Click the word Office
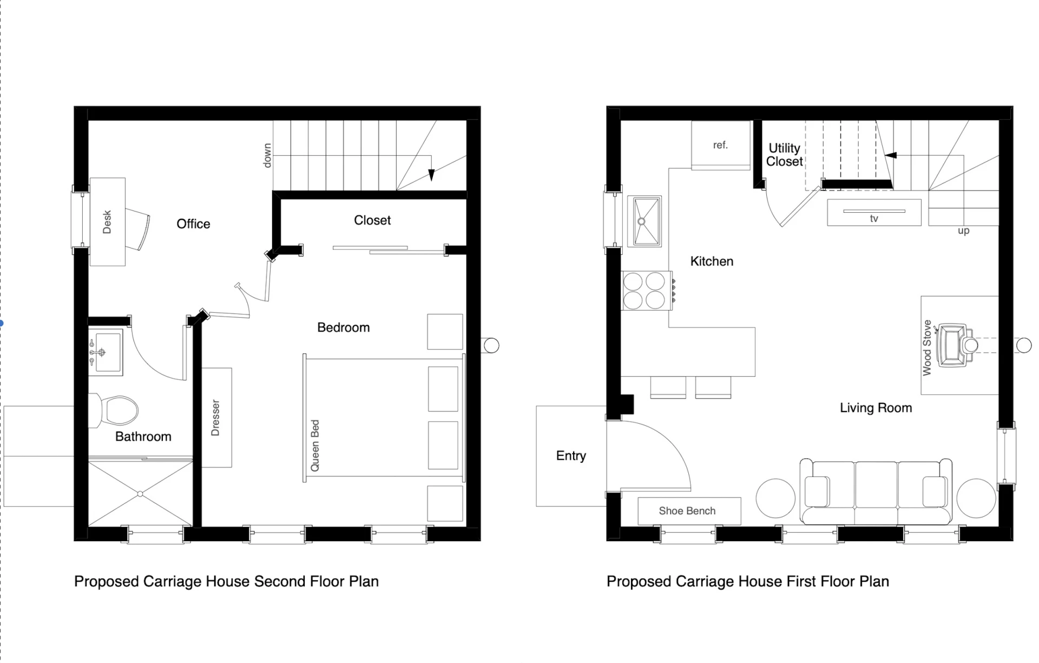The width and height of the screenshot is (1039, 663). coord(193,224)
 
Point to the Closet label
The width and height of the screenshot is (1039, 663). coord(372,220)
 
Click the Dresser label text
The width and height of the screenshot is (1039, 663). coord(215,418)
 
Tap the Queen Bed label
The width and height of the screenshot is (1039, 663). coord(315,445)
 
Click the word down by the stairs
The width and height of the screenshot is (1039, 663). coord(267,155)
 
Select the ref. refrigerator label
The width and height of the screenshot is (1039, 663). coord(720,145)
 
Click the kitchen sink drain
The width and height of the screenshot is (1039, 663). coord(642,221)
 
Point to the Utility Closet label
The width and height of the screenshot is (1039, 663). coord(784,155)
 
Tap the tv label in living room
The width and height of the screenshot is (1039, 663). coord(874,219)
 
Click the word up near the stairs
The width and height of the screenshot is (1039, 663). coord(963,231)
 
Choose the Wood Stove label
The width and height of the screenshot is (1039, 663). coord(927,347)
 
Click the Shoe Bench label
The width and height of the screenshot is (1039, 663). coord(687,511)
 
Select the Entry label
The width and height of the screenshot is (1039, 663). coord(571,456)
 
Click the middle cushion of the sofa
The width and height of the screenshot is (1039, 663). coord(876,484)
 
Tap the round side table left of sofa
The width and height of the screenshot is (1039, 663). coord(775,498)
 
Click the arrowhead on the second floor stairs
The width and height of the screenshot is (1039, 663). coord(431,175)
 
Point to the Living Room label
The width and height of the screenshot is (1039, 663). coord(876,408)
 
